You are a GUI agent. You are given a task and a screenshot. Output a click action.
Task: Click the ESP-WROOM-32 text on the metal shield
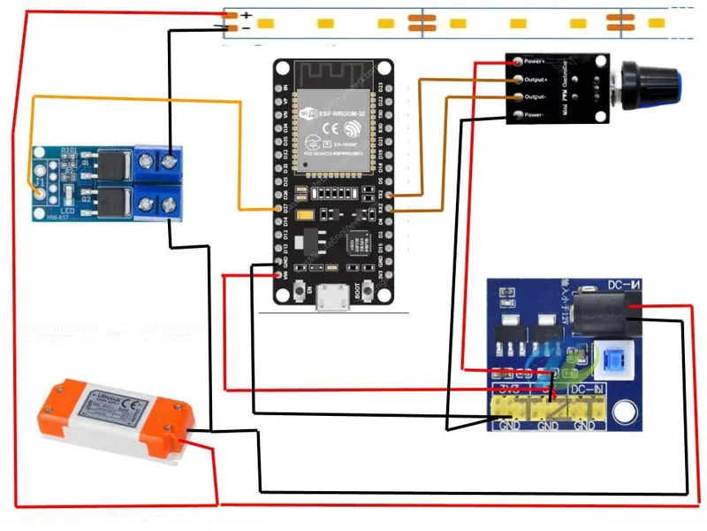tap(329, 113)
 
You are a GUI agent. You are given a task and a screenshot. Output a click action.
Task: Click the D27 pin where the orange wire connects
tap(282, 209)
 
